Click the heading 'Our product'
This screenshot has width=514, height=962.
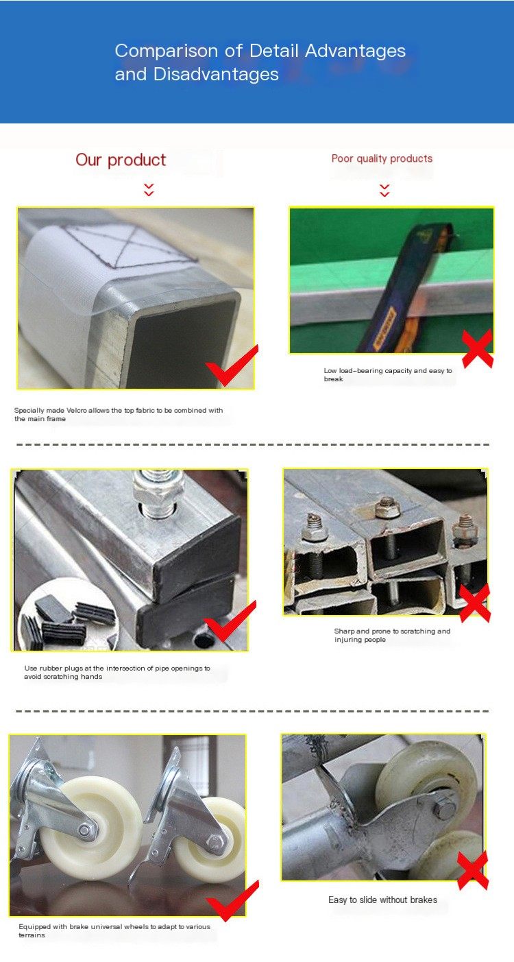[x=121, y=160]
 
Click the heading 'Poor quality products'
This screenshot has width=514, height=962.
[x=382, y=158]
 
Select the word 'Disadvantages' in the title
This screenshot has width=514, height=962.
[x=216, y=74]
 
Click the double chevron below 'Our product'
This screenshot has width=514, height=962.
[x=149, y=190]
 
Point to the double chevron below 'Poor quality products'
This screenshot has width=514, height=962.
[x=384, y=190]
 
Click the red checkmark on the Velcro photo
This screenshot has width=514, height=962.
[x=232, y=365]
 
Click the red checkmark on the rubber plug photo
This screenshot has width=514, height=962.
[x=230, y=621]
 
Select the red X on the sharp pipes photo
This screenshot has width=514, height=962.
[x=474, y=603]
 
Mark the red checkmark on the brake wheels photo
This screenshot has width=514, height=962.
[x=232, y=900]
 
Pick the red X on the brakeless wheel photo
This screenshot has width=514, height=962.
[x=472, y=869]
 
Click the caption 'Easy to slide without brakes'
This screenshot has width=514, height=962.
[x=382, y=900]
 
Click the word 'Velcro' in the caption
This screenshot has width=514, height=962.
[x=77, y=410]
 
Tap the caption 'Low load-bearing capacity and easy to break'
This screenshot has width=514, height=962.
[x=388, y=374]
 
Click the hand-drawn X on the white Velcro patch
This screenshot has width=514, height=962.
[x=131, y=245]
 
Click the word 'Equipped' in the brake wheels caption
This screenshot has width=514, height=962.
[x=34, y=927]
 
